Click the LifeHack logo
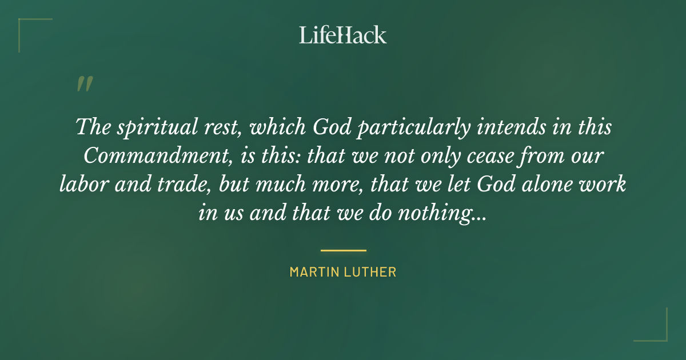(343, 35)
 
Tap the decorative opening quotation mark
(84, 85)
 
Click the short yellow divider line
(343, 250)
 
